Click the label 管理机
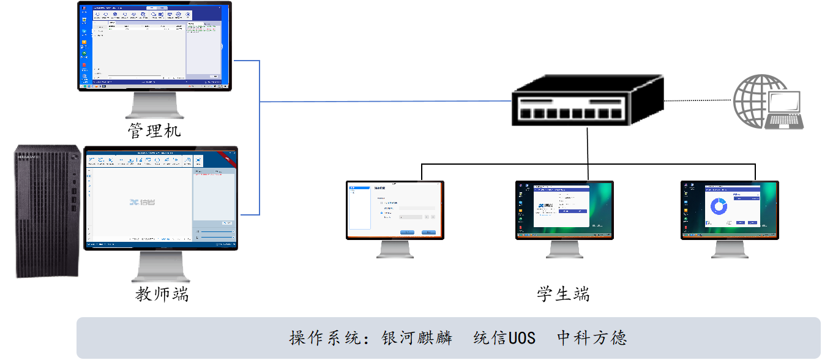tap(154, 130)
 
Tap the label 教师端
tap(162, 294)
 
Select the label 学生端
tap(563, 294)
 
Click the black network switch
tap(586, 101)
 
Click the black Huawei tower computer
tap(48, 211)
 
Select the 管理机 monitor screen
tap(154, 46)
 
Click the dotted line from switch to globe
tap(698, 100)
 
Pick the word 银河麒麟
tap(416, 338)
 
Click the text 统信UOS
tap(504, 338)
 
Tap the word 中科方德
tap(592, 338)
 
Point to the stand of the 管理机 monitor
tap(154, 105)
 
